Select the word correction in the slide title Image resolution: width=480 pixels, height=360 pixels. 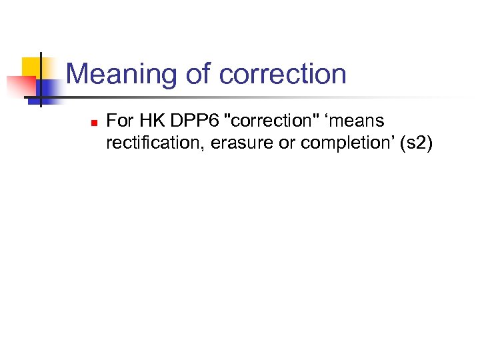[x=283, y=74]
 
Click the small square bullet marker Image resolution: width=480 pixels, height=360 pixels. [x=94, y=123]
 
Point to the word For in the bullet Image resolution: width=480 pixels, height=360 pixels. [x=119, y=121]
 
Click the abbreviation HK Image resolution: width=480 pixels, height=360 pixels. [x=149, y=121]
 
